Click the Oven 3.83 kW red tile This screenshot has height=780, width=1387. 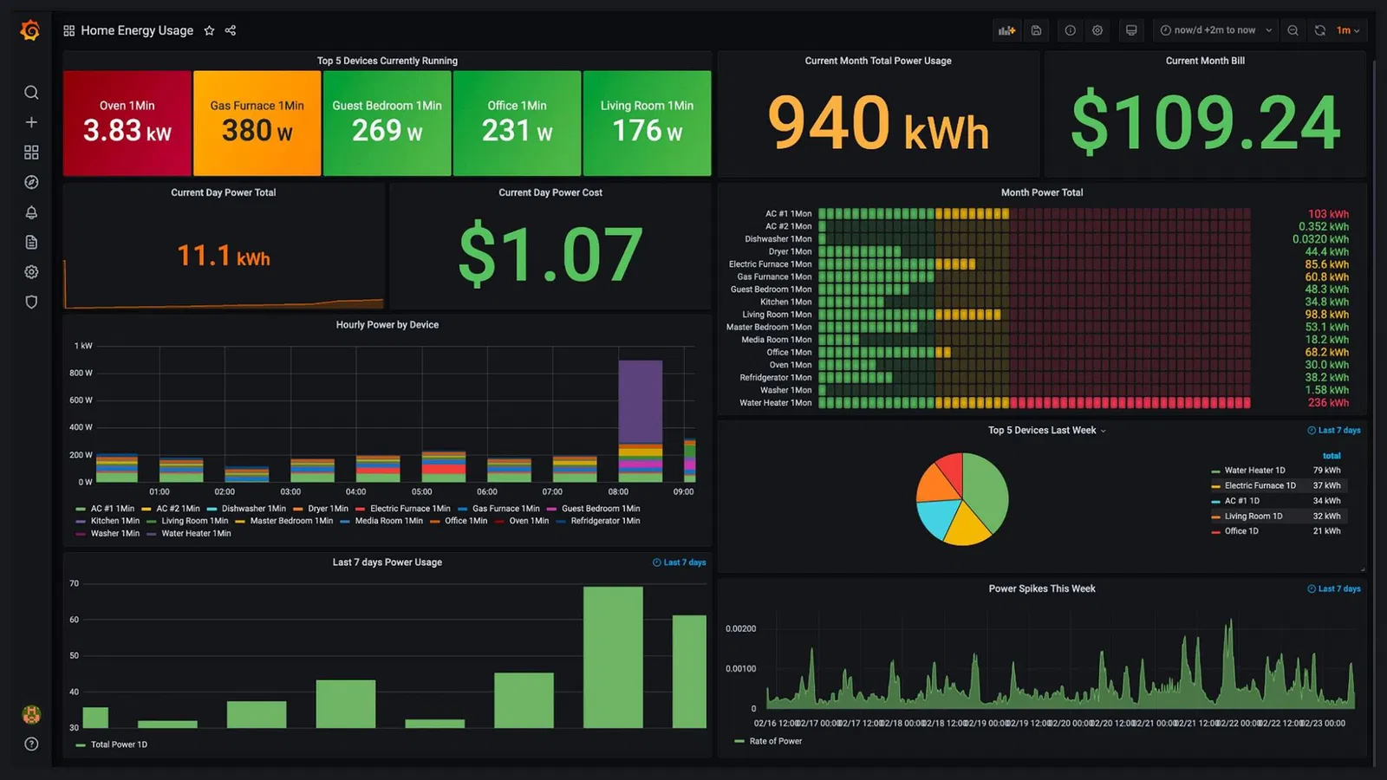pos(127,123)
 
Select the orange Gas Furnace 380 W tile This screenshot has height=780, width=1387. pos(257,123)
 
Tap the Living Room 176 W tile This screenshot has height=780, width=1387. pos(647,123)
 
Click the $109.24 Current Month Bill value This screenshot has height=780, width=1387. pos(1205,123)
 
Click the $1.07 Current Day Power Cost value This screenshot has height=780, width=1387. pos(550,254)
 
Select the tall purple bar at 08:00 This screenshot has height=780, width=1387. pos(640,401)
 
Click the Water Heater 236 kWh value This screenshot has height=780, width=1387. pos(1328,403)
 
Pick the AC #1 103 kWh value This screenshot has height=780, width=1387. pos(1328,214)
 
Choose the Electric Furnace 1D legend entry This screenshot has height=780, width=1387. pos(1259,485)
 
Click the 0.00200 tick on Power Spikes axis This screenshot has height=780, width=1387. pos(740,628)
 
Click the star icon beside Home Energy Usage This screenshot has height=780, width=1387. pos(209,30)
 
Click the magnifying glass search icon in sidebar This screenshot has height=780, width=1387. pos(31,93)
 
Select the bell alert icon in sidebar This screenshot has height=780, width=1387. pos(31,212)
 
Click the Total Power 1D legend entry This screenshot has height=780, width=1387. pos(118,744)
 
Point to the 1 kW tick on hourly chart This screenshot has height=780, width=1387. pos(83,346)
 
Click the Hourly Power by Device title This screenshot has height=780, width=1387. pos(387,325)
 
